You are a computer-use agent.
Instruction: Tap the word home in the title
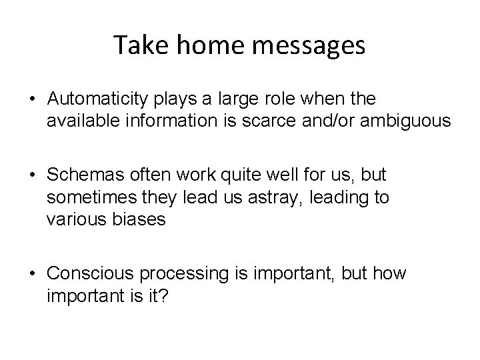tap(200, 45)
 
